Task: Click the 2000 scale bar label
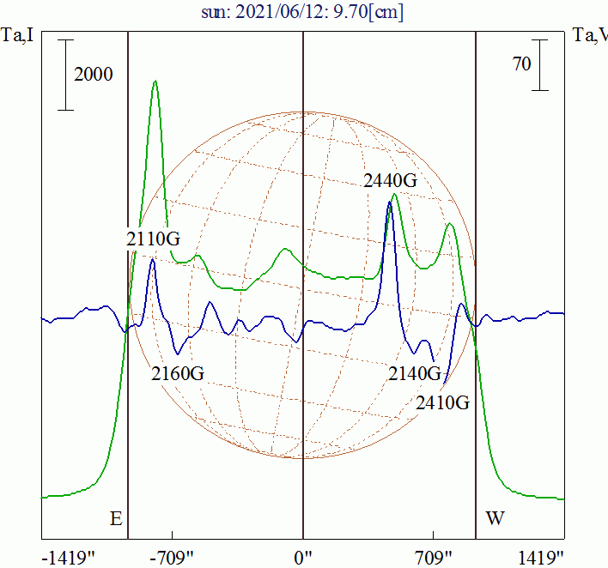click(94, 75)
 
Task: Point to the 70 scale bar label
click(522, 63)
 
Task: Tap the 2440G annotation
click(390, 181)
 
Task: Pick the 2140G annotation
click(415, 373)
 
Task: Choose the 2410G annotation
click(442, 402)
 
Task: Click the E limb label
click(116, 519)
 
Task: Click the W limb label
click(496, 519)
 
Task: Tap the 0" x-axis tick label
click(304, 559)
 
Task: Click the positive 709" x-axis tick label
click(434, 559)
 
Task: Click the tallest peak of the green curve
click(155, 82)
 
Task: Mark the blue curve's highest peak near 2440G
click(389, 202)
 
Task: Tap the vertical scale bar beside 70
click(539, 64)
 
